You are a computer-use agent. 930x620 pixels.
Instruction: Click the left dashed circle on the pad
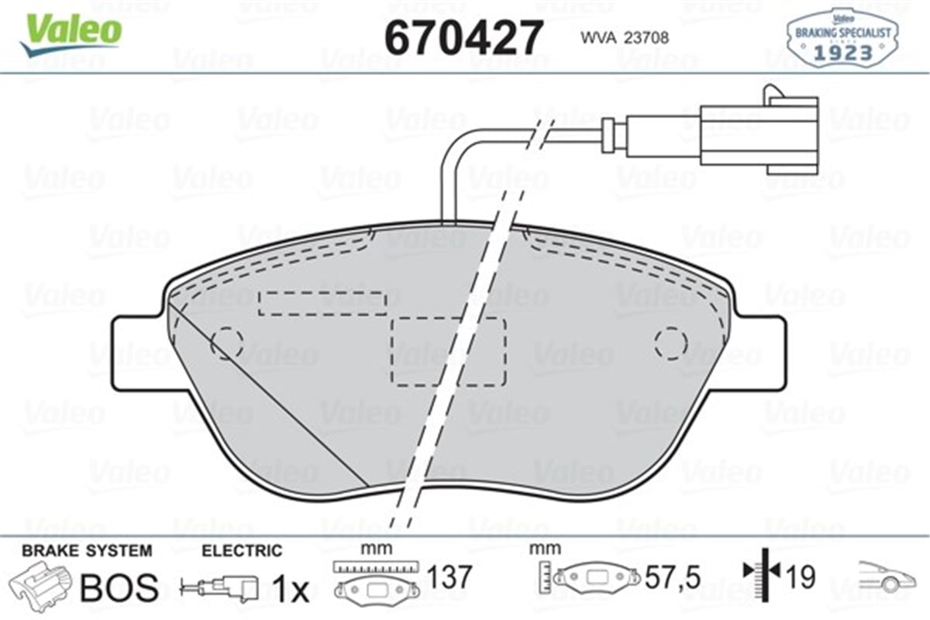(227, 342)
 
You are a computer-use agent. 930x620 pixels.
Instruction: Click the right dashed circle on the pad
(670, 342)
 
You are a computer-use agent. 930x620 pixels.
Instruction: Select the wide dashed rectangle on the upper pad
(322, 303)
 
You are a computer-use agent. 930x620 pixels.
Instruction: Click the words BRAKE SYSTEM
(87, 551)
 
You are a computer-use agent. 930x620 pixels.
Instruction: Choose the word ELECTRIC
(242, 551)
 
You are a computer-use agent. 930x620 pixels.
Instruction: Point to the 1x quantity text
(291, 591)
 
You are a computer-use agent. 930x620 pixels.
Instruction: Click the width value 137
(449, 577)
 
